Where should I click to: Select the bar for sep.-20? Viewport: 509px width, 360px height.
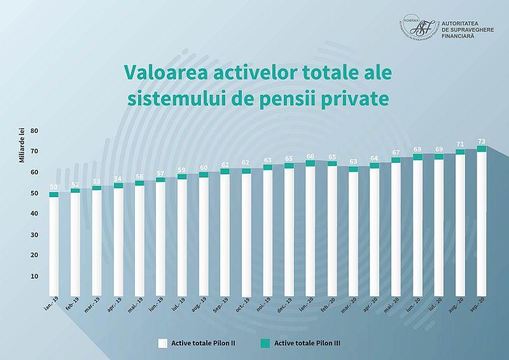click(x=482, y=223)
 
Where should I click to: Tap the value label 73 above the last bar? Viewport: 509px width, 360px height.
click(x=482, y=141)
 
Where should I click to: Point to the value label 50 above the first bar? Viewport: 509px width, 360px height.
click(x=53, y=188)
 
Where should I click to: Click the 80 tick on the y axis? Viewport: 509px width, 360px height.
click(x=34, y=130)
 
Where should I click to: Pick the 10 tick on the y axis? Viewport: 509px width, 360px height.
click(x=34, y=277)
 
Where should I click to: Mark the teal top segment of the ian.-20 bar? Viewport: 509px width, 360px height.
click(x=310, y=163)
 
